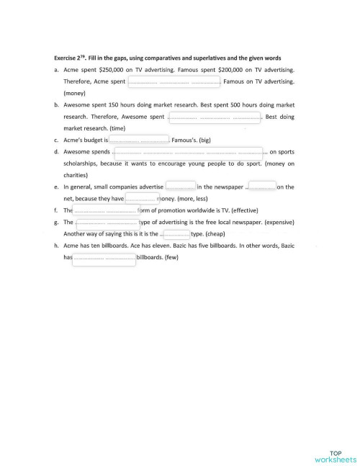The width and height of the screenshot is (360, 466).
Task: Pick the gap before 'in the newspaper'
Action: point(180,187)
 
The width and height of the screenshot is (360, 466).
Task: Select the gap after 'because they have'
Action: point(141,199)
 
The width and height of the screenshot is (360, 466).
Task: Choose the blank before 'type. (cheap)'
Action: point(176,234)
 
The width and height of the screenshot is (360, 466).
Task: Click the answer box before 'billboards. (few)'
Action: point(104,258)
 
